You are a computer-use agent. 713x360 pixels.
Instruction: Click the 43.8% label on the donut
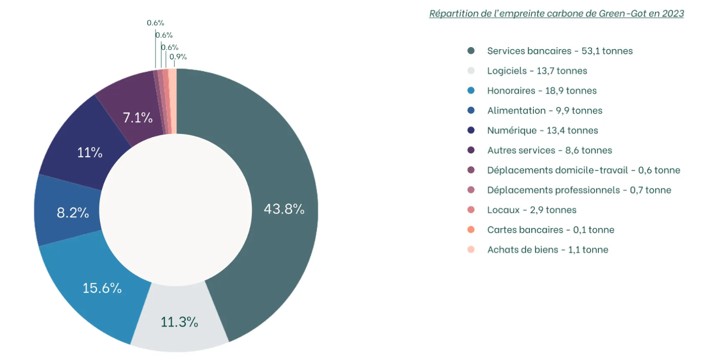pos(284,209)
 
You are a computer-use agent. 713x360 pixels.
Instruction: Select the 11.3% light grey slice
pos(180,322)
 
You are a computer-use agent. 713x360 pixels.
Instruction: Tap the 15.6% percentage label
pos(102,288)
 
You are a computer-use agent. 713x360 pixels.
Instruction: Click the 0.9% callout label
pos(178,57)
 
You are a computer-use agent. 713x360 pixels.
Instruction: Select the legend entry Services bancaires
pos(560,51)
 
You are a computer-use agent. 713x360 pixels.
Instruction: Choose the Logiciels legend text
pos(537,71)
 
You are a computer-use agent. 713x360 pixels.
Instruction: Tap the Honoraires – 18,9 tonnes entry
pos(541,91)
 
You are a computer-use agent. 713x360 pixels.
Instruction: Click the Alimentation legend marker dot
pos(471,110)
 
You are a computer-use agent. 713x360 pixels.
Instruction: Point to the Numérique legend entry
pos(542,130)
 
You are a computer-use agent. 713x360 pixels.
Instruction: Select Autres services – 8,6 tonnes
pos(549,150)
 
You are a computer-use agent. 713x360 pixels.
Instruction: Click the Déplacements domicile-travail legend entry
pos(583,170)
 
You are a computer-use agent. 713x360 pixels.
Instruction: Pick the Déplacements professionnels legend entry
pos(579,190)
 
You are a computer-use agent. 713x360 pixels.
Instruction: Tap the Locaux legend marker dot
pos(471,210)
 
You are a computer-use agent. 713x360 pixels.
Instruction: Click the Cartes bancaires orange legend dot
pos(471,230)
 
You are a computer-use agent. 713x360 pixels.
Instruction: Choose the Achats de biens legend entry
pos(548,250)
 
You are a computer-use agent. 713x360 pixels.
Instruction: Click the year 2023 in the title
pos(673,14)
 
